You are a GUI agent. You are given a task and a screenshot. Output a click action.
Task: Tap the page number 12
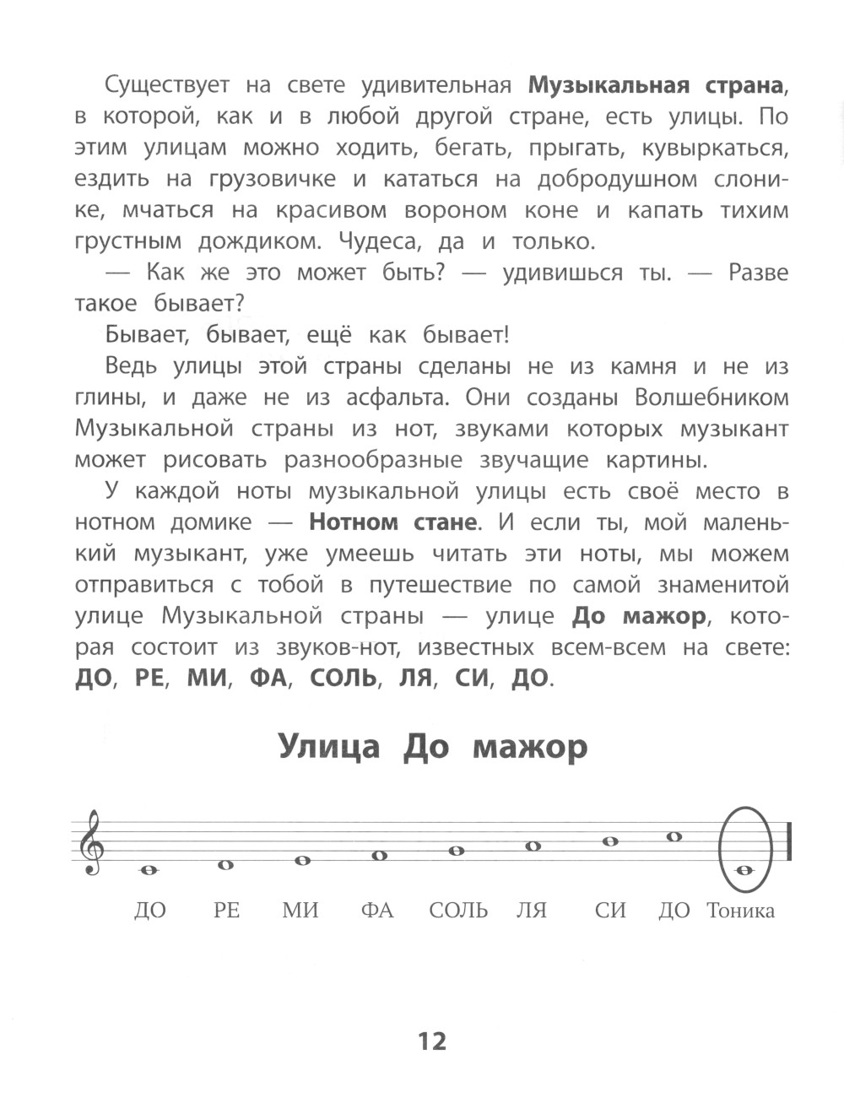coord(431,1041)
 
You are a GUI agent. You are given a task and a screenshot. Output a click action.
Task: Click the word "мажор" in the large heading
coord(529,748)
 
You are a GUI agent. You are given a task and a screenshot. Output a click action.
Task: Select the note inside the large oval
coord(744,870)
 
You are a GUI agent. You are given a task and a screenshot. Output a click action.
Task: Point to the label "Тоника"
coord(741,911)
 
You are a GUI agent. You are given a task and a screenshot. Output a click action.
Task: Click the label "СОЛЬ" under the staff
coord(458,911)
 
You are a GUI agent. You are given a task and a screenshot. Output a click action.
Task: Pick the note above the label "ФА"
coord(379,856)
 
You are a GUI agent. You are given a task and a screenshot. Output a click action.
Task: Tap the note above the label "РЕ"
coord(225,865)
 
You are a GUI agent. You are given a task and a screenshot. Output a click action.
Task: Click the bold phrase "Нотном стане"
coord(392,522)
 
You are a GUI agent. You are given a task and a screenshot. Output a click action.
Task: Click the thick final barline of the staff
coord(789,842)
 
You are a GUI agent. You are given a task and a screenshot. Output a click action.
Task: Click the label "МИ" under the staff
coord(300,911)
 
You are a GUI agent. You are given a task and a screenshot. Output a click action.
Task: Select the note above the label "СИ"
coord(609,841)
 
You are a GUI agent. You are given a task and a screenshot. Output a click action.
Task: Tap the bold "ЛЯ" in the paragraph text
coord(415,679)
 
